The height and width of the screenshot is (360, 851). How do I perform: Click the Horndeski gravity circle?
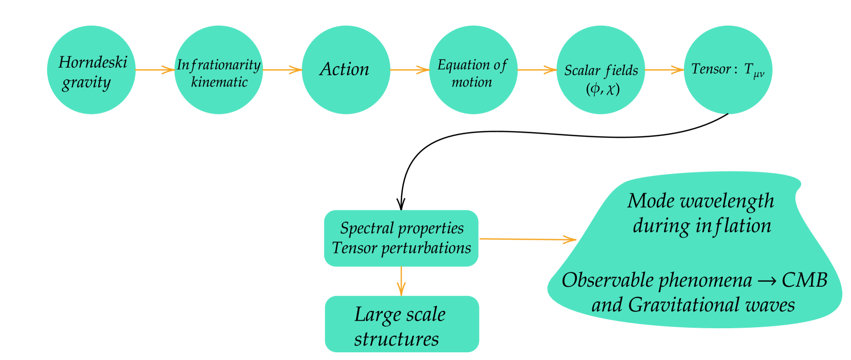tap(91, 70)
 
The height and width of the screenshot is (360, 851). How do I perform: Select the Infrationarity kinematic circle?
tap(219, 70)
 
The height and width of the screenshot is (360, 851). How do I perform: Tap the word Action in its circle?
tap(344, 69)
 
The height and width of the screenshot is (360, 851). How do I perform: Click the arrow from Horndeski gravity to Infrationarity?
tap(155, 70)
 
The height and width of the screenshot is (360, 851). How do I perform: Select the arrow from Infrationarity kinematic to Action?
tap(282, 70)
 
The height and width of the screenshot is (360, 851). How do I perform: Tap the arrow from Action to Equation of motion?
tap(409, 70)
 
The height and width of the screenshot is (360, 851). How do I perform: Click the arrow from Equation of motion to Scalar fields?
tap(537, 70)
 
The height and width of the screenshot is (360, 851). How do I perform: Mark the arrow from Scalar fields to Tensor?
tap(664, 70)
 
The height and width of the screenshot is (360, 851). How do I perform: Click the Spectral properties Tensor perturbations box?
tap(401, 238)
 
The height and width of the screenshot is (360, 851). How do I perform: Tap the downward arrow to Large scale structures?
tap(401, 281)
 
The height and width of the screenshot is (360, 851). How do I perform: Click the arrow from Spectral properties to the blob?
tap(528, 239)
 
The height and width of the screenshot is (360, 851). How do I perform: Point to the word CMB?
tap(804, 280)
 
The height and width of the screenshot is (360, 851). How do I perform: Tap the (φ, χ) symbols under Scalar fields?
tap(603, 89)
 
